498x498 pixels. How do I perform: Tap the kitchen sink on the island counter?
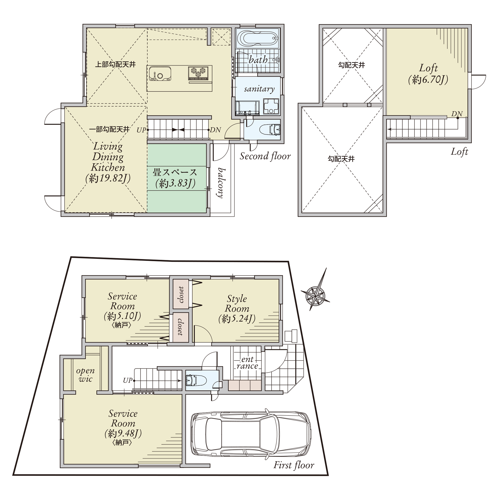pyautogui.click(x=160, y=74)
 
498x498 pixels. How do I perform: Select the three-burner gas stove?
pyautogui.click(x=198, y=73)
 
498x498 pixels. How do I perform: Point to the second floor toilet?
pyautogui.click(x=270, y=129)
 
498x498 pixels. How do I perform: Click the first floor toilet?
pyautogui.click(x=196, y=381)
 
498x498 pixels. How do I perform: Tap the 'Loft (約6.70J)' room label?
pyautogui.click(x=428, y=74)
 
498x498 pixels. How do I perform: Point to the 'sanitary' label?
pyautogui.click(x=259, y=89)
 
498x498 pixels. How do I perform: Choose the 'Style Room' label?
pyautogui.click(x=237, y=303)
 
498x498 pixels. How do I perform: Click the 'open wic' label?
pyautogui.click(x=85, y=375)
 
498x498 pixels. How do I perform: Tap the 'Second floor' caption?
pyautogui.click(x=265, y=156)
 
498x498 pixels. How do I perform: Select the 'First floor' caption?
pyautogui.click(x=294, y=465)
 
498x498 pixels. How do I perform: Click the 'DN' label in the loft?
pyautogui.click(x=457, y=114)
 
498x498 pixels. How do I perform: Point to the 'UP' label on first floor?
pyautogui.click(x=128, y=380)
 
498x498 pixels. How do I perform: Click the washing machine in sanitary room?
pyautogui.click(x=271, y=106)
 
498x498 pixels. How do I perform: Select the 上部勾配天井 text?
pyautogui.click(x=115, y=64)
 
